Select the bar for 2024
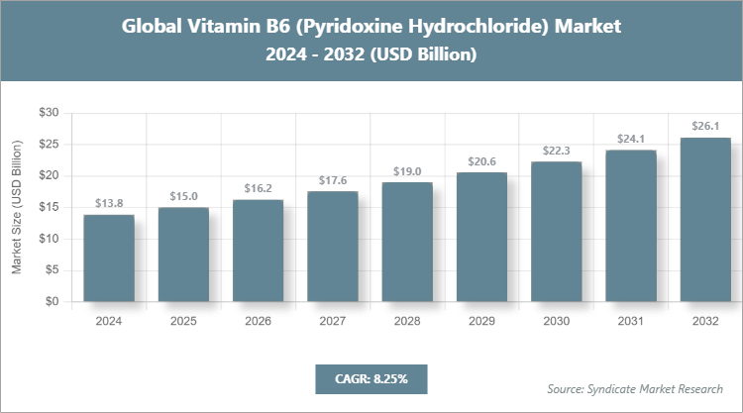pos(109,258)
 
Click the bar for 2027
pos(332,247)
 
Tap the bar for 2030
pos(556,232)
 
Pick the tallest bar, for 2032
pos(704,220)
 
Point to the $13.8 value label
pos(109,203)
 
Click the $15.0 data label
pos(183,196)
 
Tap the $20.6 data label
pos(481,160)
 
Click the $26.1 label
pos(704,126)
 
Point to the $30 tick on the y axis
pos(48,113)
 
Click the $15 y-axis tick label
pos(48,208)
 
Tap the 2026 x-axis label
pos(258,322)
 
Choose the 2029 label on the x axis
pos(481,322)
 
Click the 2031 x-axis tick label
pos(630,322)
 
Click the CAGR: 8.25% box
pos(371,378)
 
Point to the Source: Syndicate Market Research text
pos(635,388)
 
